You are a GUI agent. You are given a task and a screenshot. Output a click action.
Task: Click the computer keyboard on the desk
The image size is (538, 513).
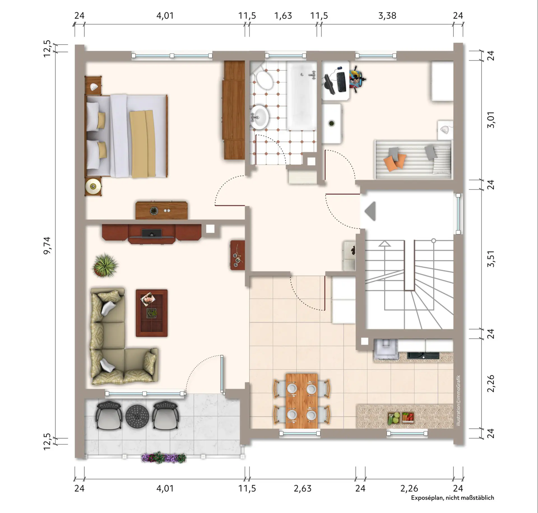(341, 82)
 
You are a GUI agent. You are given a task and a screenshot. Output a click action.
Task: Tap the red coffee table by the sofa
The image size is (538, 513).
(152, 313)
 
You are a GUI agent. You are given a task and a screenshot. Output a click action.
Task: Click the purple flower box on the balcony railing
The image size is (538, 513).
(164, 458)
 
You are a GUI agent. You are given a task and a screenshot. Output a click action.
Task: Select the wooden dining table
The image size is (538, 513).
(302, 401)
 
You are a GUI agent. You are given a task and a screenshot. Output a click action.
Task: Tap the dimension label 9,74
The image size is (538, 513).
(47, 245)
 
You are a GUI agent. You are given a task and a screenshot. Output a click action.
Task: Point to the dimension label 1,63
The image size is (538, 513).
(283, 16)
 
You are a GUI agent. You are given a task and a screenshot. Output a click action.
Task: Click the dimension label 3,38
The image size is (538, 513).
(387, 16)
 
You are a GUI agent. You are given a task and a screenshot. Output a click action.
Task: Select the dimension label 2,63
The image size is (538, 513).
(303, 488)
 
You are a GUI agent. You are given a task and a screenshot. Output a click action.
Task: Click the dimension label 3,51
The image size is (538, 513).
(491, 259)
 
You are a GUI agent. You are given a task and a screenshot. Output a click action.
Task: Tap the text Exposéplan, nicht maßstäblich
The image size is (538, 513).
(453, 498)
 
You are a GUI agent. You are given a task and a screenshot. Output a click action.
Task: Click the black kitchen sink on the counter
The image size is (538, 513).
(423, 355)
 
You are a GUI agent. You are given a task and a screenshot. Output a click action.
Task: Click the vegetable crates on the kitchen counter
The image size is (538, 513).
(401, 418)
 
